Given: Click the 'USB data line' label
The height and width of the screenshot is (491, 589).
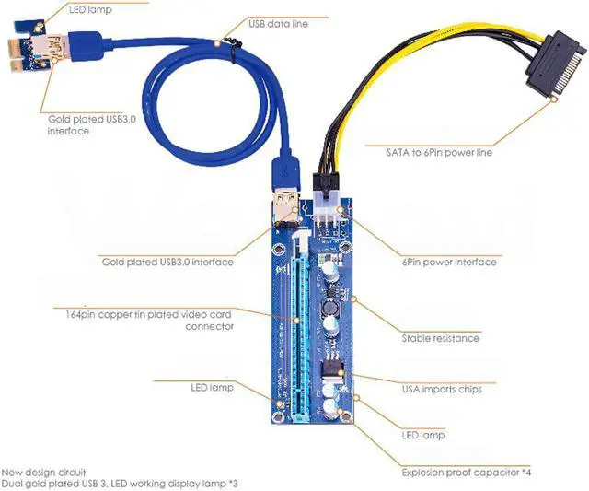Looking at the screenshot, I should [x=278, y=24].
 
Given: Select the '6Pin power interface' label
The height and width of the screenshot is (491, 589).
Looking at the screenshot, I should [x=449, y=263].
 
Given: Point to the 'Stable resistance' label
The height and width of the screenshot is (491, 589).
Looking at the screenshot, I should [x=440, y=338].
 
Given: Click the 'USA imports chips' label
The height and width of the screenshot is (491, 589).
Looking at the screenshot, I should [x=442, y=389].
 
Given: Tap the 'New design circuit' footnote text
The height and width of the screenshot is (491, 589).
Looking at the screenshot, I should [x=44, y=473].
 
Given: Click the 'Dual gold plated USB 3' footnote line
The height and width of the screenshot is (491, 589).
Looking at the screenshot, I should [x=120, y=484].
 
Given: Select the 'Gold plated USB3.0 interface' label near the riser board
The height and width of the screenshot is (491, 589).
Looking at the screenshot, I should [x=167, y=263].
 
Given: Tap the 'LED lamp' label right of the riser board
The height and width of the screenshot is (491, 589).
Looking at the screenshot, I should [x=423, y=435].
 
